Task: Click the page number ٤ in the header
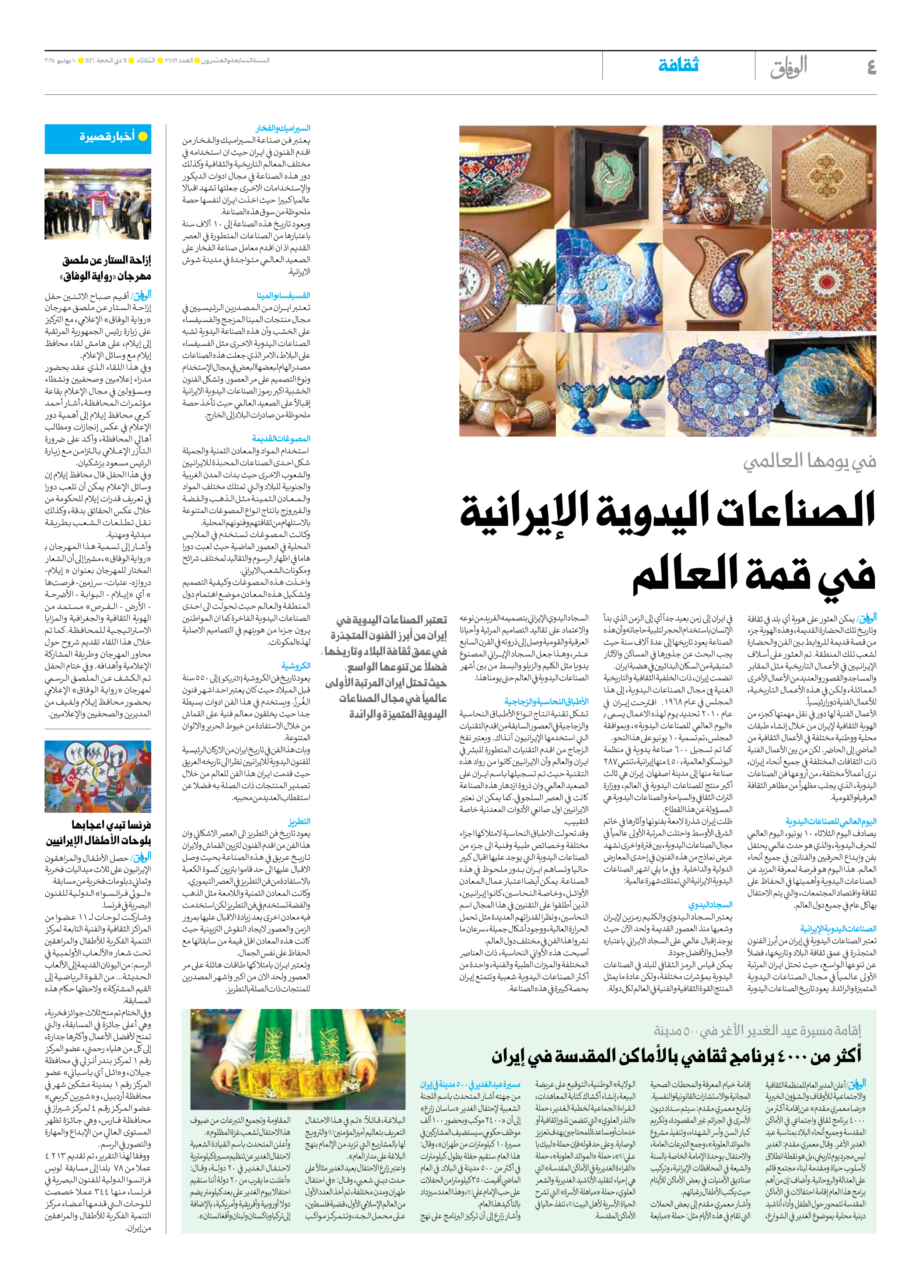[x=871, y=67]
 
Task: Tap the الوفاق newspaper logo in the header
[x=789, y=67]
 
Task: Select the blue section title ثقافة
[x=679, y=66]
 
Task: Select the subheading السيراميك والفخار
[x=283, y=129]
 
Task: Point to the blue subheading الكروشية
[x=296, y=666]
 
